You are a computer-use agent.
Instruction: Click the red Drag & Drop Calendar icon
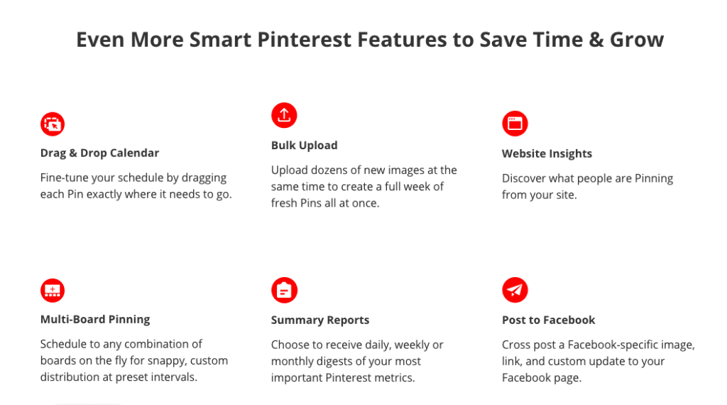pyautogui.click(x=53, y=124)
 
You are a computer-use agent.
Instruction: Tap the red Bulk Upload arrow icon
pyautogui.click(x=284, y=115)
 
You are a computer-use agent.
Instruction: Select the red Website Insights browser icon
pyautogui.click(x=515, y=124)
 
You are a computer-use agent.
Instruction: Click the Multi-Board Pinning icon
pyautogui.click(x=53, y=291)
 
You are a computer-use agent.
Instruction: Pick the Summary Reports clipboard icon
pyautogui.click(x=284, y=291)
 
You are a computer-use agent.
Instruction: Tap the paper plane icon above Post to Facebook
pyautogui.click(x=515, y=290)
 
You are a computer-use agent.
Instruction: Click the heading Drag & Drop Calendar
pyautogui.click(x=99, y=153)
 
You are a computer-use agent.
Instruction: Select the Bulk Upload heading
pyautogui.click(x=304, y=146)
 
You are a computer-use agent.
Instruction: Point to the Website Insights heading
pyautogui.click(x=547, y=154)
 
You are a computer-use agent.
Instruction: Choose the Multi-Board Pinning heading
pyautogui.click(x=95, y=320)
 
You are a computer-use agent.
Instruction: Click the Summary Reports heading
pyautogui.click(x=320, y=320)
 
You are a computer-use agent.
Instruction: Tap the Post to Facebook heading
pyautogui.click(x=549, y=320)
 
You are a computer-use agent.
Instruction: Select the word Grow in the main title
pyautogui.click(x=637, y=40)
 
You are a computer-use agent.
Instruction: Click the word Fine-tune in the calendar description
pyautogui.click(x=62, y=178)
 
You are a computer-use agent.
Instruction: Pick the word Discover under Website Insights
pyautogui.click(x=523, y=178)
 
